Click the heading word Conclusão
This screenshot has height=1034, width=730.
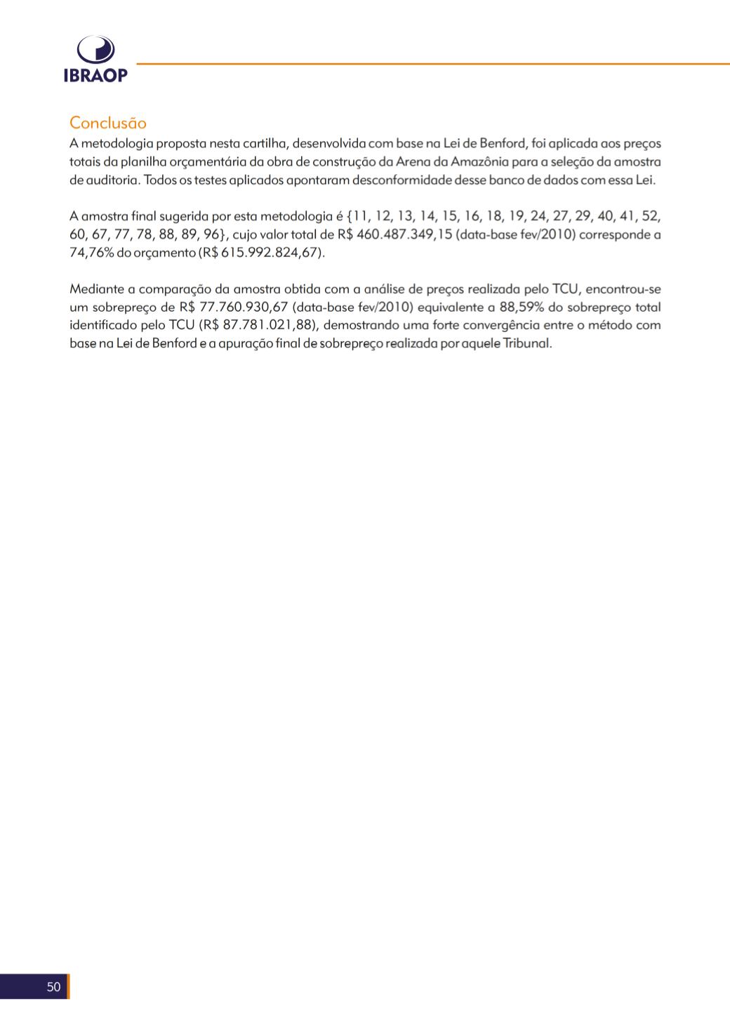point(108,123)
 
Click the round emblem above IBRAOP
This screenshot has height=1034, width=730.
point(95,51)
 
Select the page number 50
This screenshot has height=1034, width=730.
point(54,987)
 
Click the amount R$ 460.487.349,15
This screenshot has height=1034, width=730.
point(394,234)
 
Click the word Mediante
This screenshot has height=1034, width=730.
point(96,289)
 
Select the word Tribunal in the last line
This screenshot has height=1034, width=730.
point(527,344)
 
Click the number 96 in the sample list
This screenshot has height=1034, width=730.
point(212,234)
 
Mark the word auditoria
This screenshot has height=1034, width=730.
point(112,180)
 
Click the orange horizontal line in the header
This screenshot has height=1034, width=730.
point(432,64)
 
